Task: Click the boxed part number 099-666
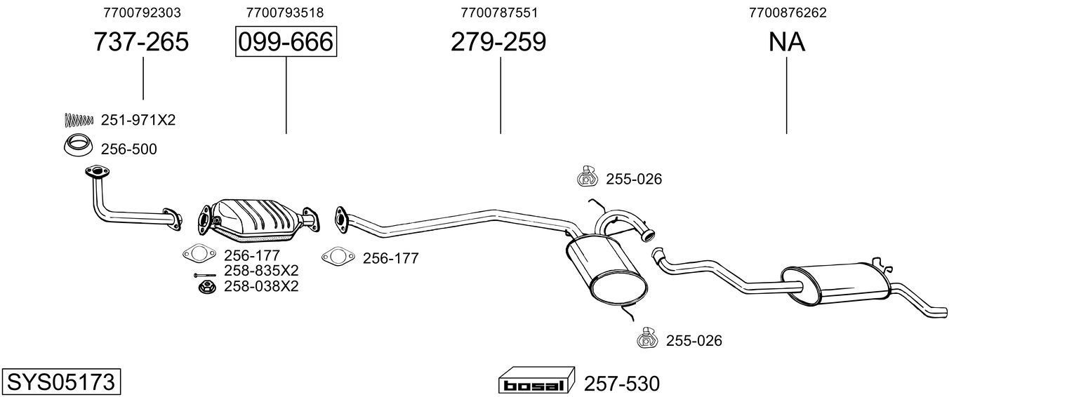[x=286, y=42]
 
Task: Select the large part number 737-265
[x=141, y=42]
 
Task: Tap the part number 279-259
[x=498, y=42]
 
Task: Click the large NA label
[x=786, y=42]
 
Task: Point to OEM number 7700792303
[x=141, y=13]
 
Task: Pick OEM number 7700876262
[x=787, y=13]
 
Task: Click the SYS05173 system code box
[x=60, y=382]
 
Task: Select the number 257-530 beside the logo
[x=622, y=384]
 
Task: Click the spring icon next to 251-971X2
[x=79, y=120]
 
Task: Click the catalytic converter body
[x=256, y=217]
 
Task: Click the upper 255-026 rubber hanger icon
[x=586, y=177]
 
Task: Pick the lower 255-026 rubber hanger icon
[x=647, y=338]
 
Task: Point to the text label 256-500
[x=129, y=149]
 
